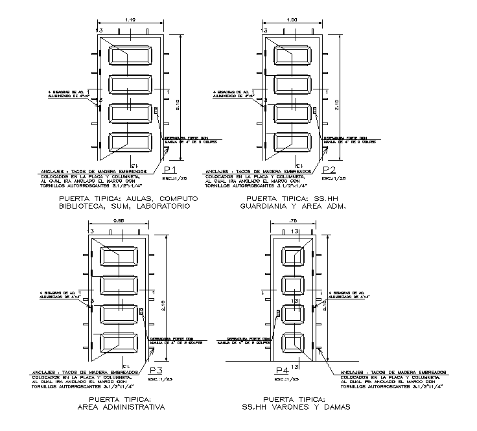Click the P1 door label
172,170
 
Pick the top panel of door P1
131,56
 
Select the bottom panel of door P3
117,344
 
